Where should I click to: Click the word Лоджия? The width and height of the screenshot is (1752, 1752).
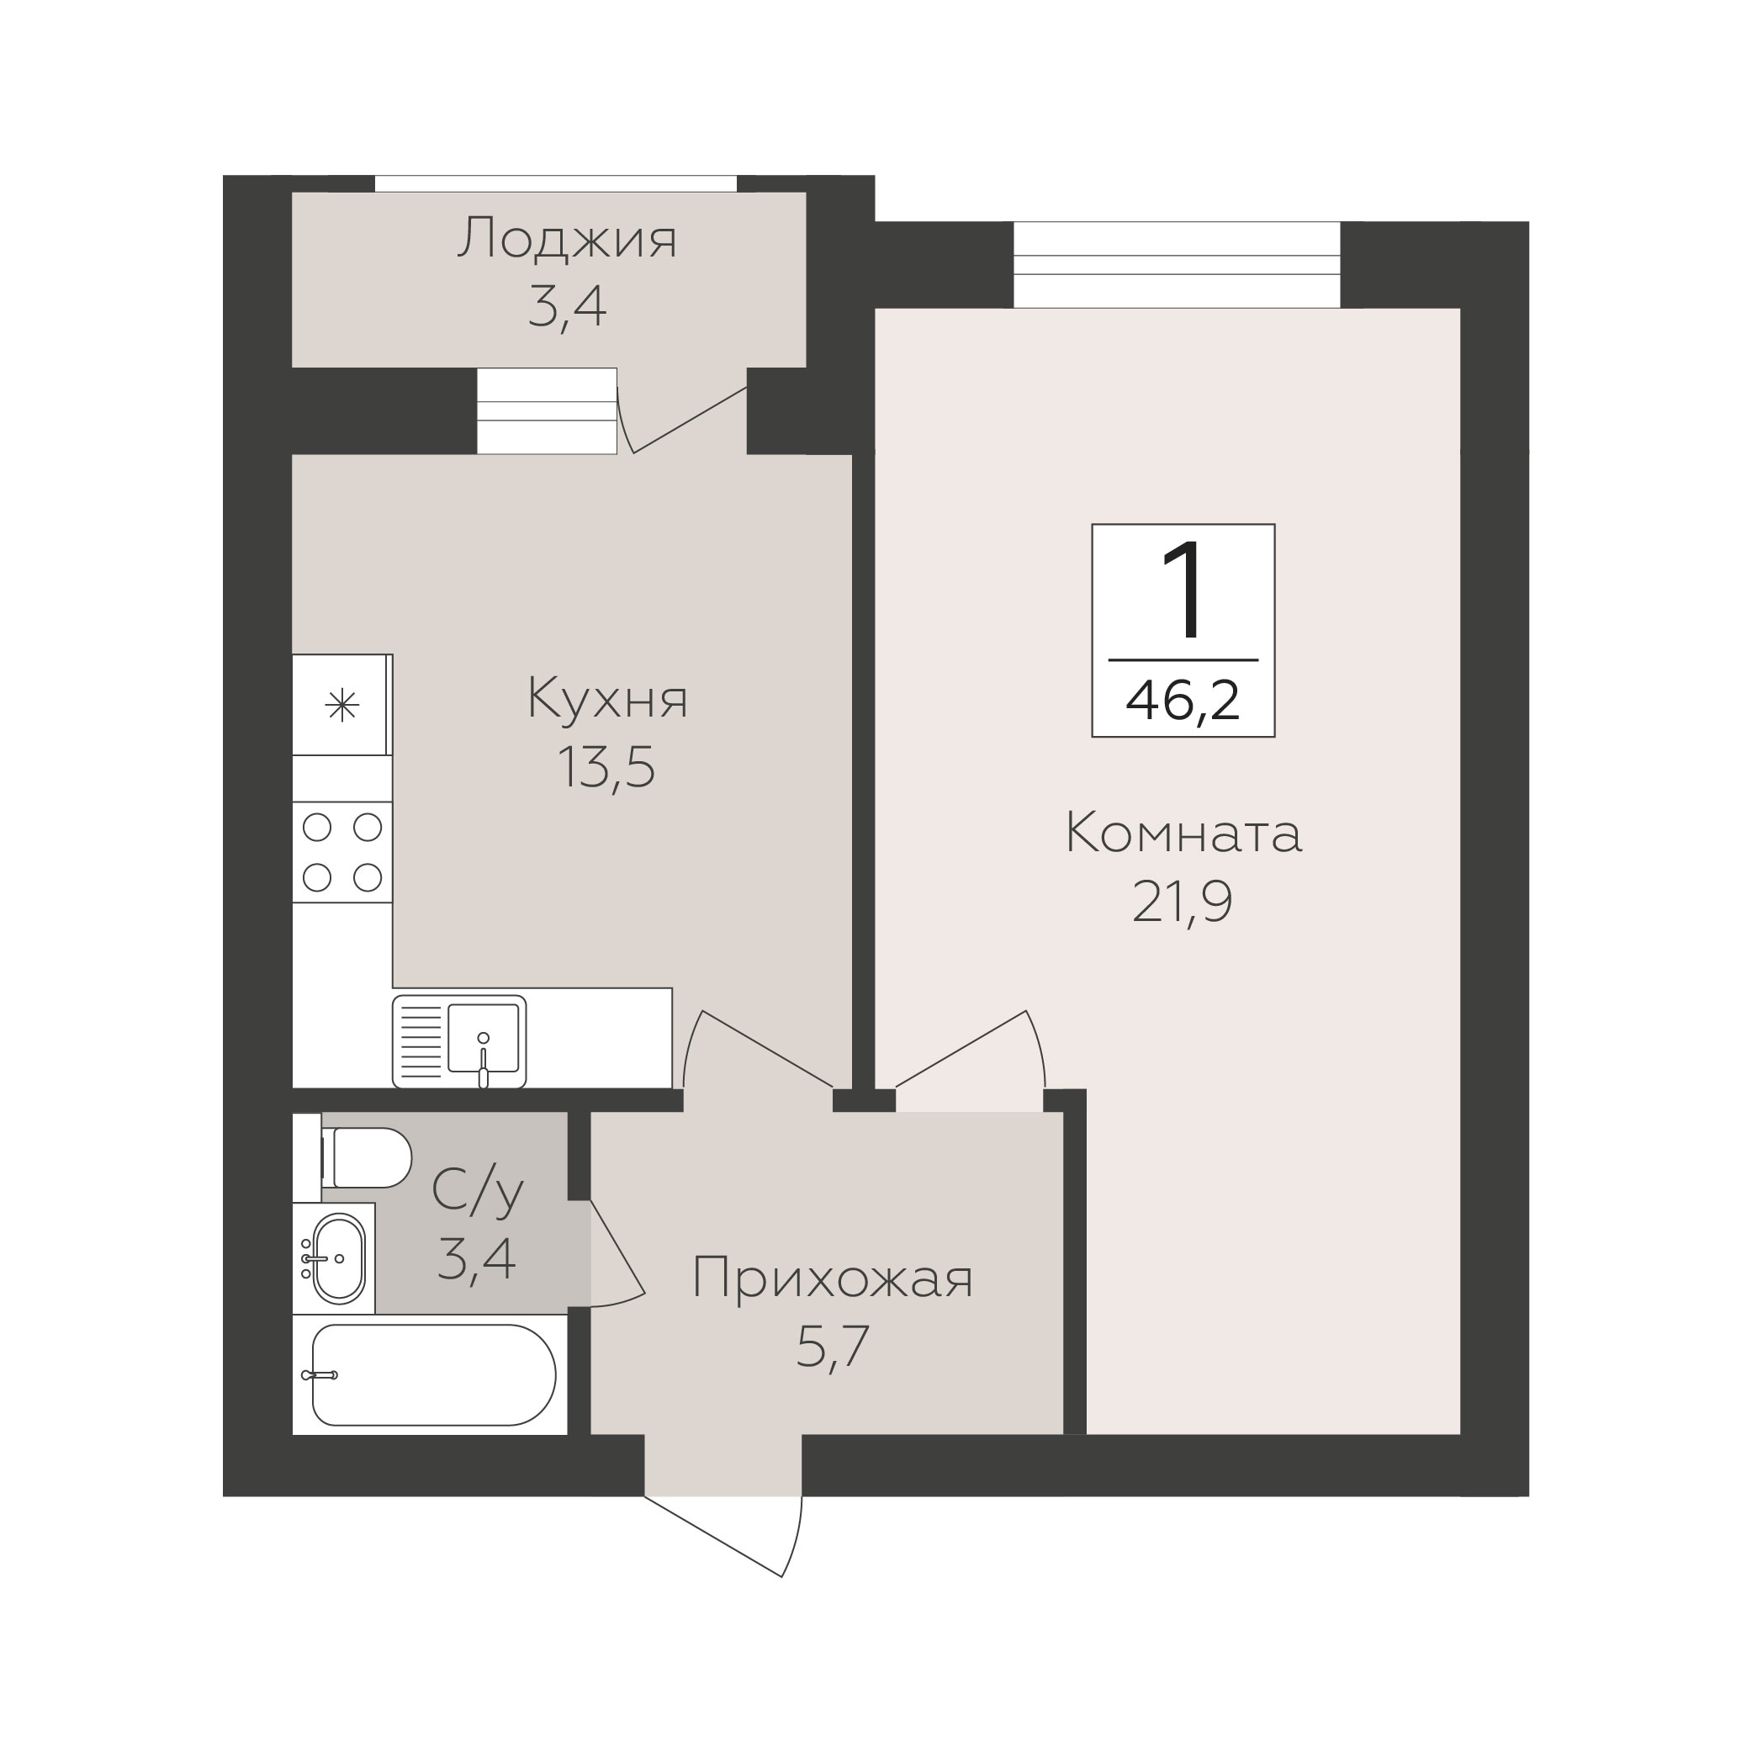coord(567,240)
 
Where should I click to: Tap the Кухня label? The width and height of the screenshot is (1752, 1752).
coord(607,699)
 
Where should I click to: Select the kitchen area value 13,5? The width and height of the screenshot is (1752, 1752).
coord(606,767)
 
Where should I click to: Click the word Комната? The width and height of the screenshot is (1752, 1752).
coord(1183,834)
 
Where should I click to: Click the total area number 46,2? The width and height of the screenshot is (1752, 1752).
coord(1183,701)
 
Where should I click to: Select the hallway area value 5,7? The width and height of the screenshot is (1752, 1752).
coord(833,1347)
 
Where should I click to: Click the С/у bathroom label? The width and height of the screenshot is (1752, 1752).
coord(478,1192)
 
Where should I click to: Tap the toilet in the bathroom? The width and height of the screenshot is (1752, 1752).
coord(367,1157)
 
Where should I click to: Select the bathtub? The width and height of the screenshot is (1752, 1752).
coord(432,1374)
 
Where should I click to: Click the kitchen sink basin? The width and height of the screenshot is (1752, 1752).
coord(484,1037)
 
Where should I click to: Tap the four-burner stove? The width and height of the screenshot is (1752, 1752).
coord(341,852)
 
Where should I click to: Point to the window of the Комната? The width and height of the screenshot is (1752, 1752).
coord(1176,265)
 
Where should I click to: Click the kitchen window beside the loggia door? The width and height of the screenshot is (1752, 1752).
coord(547,410)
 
